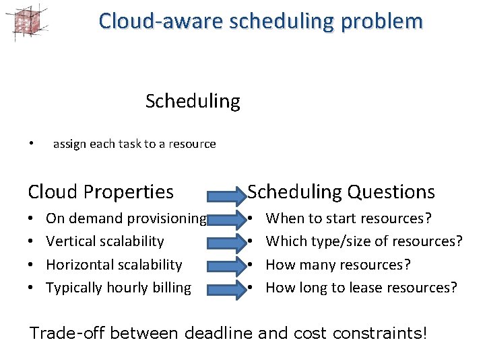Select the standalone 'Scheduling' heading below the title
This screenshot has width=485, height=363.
point(193,102)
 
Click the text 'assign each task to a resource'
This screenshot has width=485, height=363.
point(134,144)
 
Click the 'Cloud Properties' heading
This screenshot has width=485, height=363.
point(100,192)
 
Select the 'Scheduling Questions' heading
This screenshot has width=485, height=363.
point(342,192)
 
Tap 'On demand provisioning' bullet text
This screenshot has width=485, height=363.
point(126,218)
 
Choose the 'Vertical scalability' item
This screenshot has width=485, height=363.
point(104,241)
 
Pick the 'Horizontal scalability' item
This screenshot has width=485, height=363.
point(114,265)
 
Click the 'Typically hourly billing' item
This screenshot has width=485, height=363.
point(119,288)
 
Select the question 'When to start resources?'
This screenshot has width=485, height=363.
point(348,218)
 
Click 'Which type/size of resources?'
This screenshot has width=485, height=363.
point(364,241)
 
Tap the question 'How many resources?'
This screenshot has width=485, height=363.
point(337,265)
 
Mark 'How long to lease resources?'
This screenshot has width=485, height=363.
point(361,288)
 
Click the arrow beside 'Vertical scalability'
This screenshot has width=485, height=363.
point(228,241)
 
